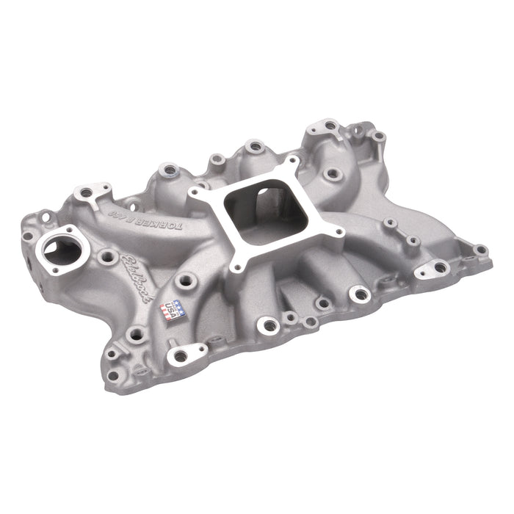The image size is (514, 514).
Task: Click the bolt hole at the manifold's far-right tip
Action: click(x=480, y=250)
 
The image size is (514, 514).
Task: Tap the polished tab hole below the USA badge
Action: click(x=180, y=356)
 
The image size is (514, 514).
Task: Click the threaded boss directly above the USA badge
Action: click(x=184, y=280)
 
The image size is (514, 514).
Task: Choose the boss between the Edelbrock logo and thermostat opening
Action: click(x=108, y=257)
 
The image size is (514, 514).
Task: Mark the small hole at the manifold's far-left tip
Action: click(x=28, y=236)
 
